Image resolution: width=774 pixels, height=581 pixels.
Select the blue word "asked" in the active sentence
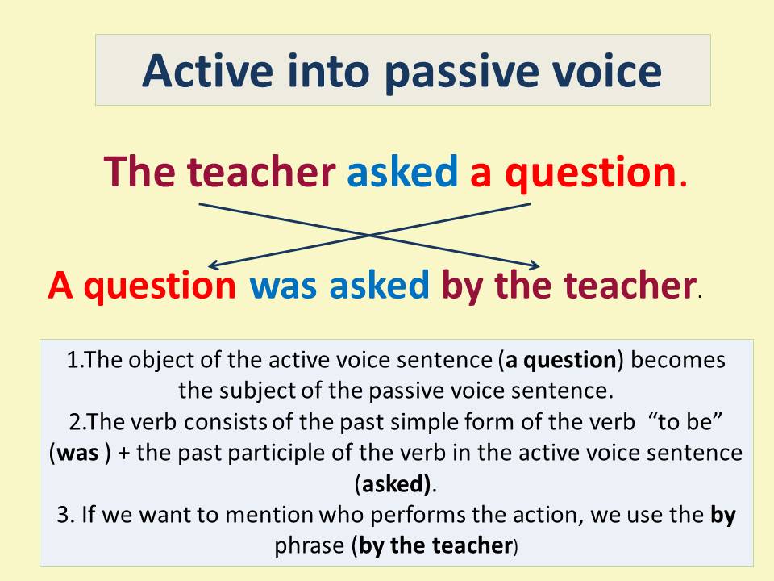pyautogui.click(x=402, y=171)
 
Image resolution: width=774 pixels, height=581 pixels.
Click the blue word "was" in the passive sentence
pyautogui.click(x=283, y=286)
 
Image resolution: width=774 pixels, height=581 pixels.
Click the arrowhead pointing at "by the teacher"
pyautogui.click(x=535, y=265)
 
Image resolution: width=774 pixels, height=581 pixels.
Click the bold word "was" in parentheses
pyautogui.click(x=77, y=453)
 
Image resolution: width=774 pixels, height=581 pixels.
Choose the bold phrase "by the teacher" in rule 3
pyautogui.click(x=435, y=545)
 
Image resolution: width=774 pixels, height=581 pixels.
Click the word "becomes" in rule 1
pyautogui.click(x=678, y=360)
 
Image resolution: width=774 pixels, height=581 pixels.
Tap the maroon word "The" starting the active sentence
pyautogui.click(x=139, y=171)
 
